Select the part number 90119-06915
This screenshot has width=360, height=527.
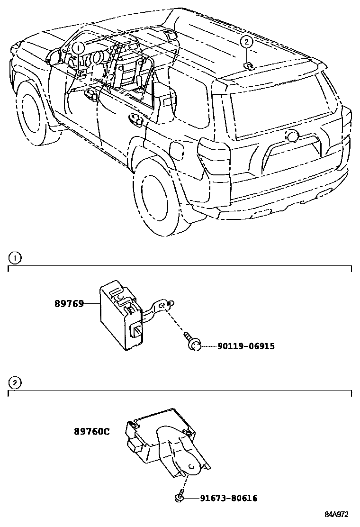click(246, 346)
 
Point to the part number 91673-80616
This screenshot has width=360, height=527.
click(229, 498)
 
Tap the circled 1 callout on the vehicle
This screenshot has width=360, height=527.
click(79, 47)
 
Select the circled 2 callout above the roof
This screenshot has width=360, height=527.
click(246, 42)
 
